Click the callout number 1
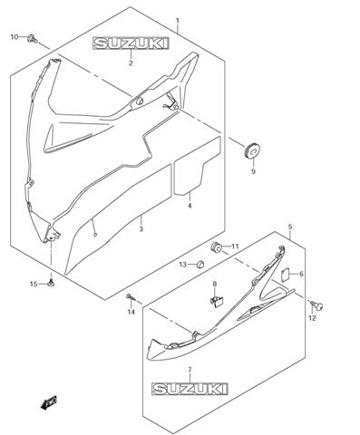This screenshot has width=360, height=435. click(178, 20)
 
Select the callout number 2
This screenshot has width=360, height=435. click(131, 63)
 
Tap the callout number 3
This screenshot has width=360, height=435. click(141, 229)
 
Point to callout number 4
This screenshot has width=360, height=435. click(190, 206)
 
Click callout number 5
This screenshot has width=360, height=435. click(290, 227)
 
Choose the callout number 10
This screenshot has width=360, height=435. click(14, 37)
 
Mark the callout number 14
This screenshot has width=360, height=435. click(131, 313)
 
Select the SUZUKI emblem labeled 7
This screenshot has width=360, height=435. click(190, 389)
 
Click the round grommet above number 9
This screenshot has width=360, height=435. click(248, 148)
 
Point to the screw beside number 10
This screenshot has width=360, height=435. click(31, 38)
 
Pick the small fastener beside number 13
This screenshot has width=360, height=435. click(199, 264)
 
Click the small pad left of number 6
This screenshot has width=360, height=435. click(283, 274)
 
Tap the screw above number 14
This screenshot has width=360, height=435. click(131, 296)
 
